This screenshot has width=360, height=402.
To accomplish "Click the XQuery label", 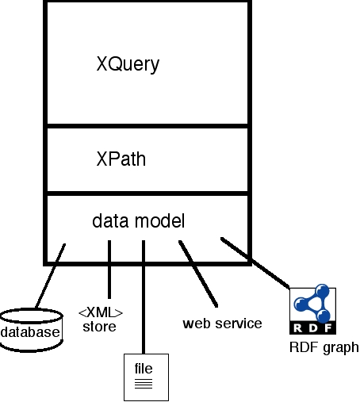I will coord(128,64).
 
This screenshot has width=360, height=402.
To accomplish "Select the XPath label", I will coord(121,159).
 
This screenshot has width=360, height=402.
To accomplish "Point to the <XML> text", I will coord(100,312).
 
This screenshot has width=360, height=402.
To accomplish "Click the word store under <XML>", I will coord(100,326).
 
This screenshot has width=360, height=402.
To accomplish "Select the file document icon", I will coord(144,376).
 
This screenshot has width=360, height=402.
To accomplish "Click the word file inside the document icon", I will coord(144,369).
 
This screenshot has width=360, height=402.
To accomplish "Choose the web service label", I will coord(222,324).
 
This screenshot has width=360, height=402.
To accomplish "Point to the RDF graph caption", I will coord(324,346).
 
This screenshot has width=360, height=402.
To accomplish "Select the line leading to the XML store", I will coord(109,270).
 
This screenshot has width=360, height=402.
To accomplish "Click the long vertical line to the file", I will coord(144,301).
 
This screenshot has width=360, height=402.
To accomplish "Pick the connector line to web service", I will coord(198,274).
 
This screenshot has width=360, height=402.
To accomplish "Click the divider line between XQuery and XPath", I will coord(147,125).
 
